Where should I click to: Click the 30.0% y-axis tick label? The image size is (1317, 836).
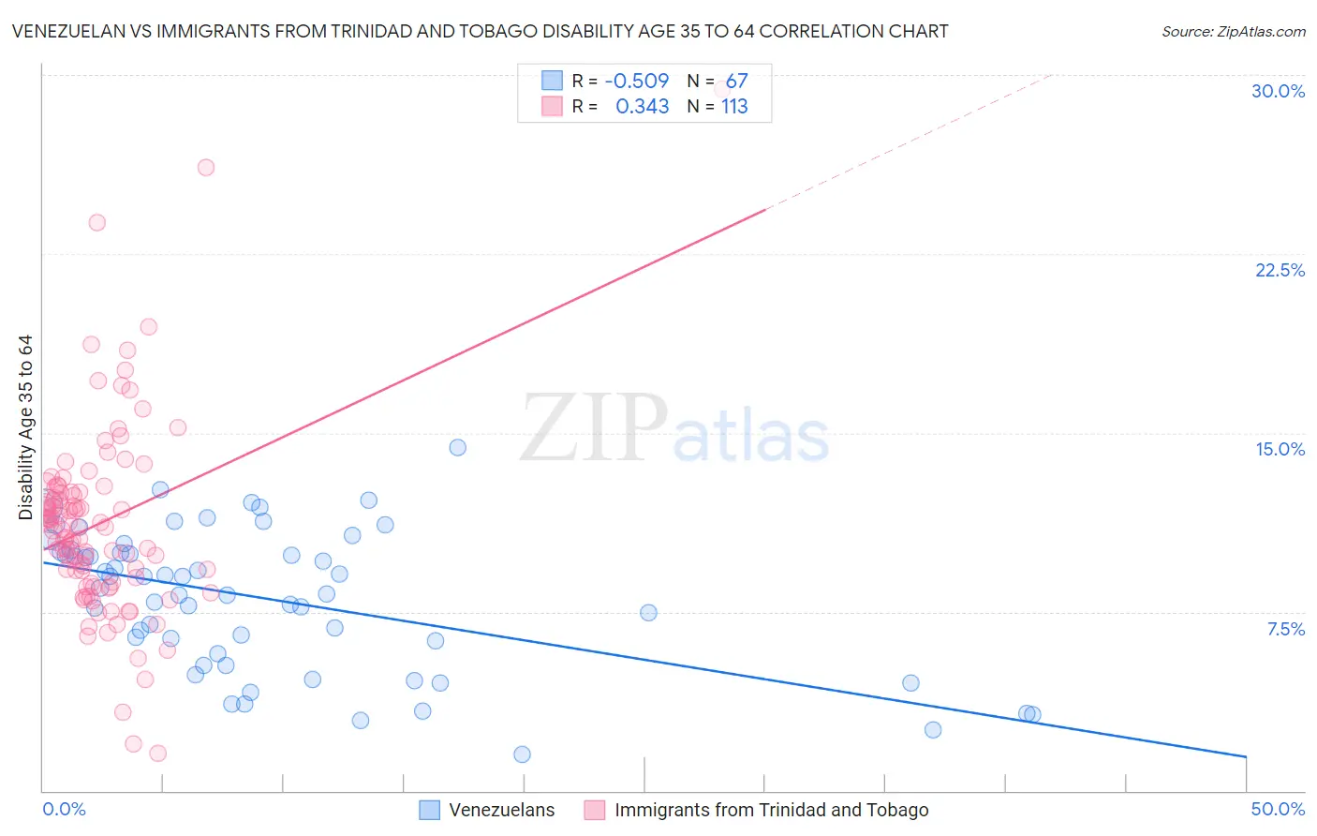tap(1278, 91)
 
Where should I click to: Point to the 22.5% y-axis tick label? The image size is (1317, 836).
tap(1280, 270)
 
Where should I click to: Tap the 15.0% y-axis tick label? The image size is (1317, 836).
tap(1280, 449)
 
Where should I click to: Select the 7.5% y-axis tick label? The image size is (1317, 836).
tap(1285, 629)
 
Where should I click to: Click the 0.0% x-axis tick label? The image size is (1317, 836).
tap(64, 809)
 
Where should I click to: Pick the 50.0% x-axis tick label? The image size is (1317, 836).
tap(1278, 809)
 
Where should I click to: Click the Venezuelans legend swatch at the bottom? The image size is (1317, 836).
tap(429, 810)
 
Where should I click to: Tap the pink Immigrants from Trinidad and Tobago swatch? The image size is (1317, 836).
tap(594, 810)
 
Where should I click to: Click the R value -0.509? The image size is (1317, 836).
tap(637, 81)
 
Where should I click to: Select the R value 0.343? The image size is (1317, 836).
tap(642, 106)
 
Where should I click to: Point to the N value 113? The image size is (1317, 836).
tap(734, 106)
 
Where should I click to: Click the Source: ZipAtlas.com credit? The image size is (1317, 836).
tap(1233, 31)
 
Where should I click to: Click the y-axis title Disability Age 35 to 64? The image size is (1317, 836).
tap(25, 427)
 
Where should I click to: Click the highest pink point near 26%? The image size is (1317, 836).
tap(206, 168)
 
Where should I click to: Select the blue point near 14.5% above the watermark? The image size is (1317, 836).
tap(458, 447)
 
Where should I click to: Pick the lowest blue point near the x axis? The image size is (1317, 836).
tap(523, 754)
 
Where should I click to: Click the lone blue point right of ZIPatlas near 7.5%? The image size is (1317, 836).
tap(648, 613)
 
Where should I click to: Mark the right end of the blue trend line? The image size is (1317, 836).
tap(1246, 756)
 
